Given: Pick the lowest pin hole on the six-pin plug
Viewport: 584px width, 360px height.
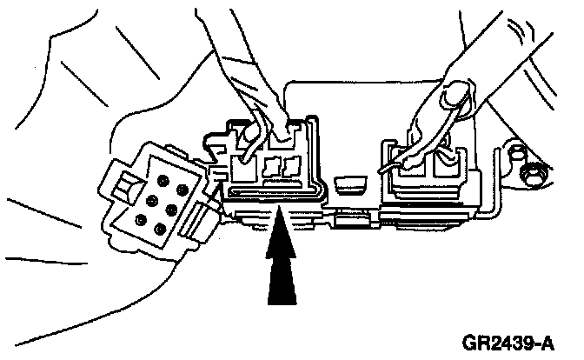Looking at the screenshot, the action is coord(161,229).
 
